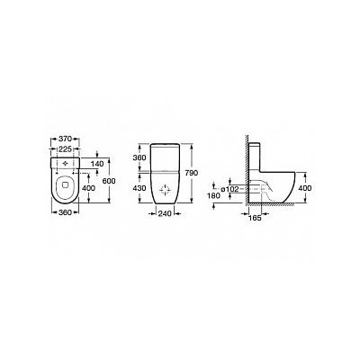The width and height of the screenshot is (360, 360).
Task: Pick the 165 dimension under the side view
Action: point(255,219)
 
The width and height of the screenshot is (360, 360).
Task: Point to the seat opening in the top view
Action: point(66,191)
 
